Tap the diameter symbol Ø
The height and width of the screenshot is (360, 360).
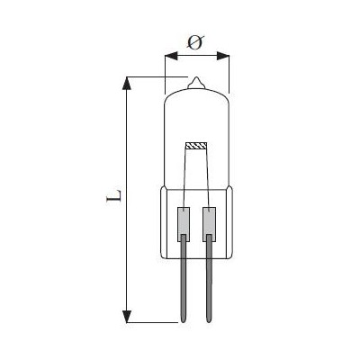click(196, 41)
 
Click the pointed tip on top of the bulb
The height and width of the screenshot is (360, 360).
click(196, 81)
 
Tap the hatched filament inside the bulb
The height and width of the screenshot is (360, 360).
click(196, 146)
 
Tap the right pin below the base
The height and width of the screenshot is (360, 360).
click(210, 279)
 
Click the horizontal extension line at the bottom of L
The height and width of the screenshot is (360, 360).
click(153, 320)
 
